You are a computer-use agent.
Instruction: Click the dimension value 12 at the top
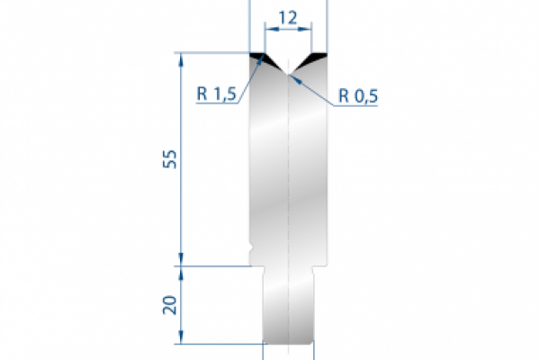pos(288,16)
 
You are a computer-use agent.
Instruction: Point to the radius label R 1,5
pos(215,94)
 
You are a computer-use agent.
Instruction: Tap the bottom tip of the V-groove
pos(288,75)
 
